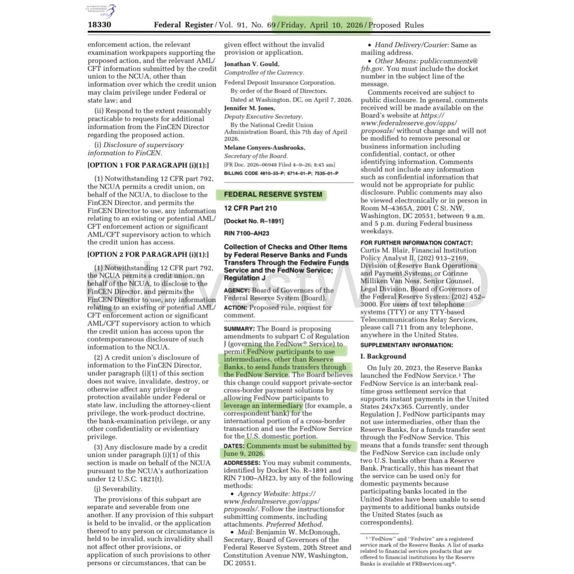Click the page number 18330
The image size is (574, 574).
pyautogui.click(x=99, y=24)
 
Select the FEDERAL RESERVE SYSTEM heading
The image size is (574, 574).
pyautogui.click(x=273, y=195)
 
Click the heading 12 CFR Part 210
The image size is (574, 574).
pyautogui.click(x=250, y=208)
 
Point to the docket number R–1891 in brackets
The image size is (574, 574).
pyautogui.click(x=254, y=221)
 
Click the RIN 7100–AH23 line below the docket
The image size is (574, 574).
pyautogui.click(x=246, y=233)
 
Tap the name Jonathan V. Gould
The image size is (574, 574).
pyautogui.click(x=252, y=64)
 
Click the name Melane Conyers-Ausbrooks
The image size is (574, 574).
pyautogui.click(x=265, y=147)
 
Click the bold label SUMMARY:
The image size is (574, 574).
pyautogui.click(x=239, y=329)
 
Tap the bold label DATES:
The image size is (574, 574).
pyautogui.click(x=234, y=446)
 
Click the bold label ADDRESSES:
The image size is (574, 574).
pyautogui.click(x=242, y=463)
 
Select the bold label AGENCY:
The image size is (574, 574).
pyautogui.click(x=236, y=290)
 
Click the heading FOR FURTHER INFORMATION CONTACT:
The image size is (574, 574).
pyautogui.click(x=416, y=243)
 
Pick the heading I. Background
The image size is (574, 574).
pyautogui.click(x=383, y=356)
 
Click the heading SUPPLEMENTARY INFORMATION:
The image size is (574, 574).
pyautogui.click(x=407, y=345)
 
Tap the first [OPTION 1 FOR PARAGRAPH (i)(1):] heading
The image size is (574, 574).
pyautogui.click(x=148, y=165)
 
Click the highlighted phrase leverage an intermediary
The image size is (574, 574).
pyautogui.click(x=263, y=406)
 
